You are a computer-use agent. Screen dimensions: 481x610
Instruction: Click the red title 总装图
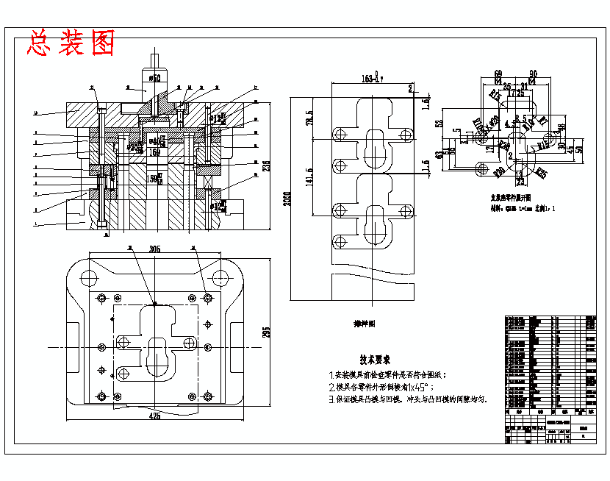click(x=71, y=43)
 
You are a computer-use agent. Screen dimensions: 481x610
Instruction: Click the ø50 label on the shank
click(x=155, y=77)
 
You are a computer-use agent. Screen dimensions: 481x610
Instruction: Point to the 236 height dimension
click(x=266, y=165)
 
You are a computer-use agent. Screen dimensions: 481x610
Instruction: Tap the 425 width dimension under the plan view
click(x=155, y=416)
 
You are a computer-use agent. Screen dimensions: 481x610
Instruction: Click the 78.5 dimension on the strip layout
click(x=310, y=118)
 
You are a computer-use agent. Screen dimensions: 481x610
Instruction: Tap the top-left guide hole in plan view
click(x=89, y=277)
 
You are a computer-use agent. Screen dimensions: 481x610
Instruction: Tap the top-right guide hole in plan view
click(x=220, y=277)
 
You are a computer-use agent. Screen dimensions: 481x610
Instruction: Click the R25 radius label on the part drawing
click(x=542, y=174)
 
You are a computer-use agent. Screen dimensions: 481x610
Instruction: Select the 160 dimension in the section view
click(x=155, y=152)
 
